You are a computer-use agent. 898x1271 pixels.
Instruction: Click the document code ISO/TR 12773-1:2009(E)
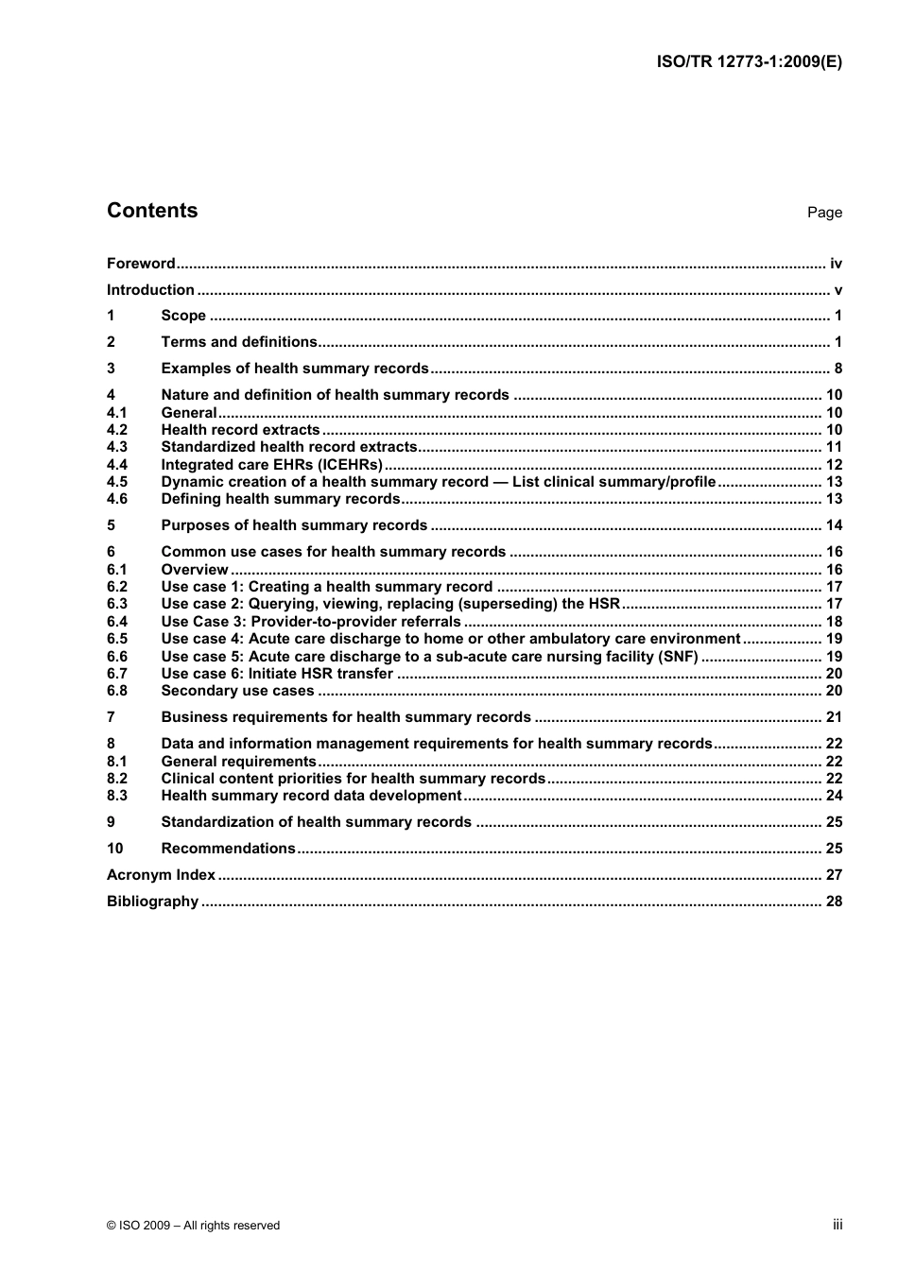pos(749,62)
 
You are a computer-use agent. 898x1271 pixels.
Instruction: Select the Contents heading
pos(152,211)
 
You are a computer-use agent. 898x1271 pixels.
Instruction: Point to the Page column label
pos(824,213)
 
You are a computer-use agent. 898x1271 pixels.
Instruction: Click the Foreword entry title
pos(141,264)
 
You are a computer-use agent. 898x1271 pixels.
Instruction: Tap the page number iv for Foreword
pos(836,264)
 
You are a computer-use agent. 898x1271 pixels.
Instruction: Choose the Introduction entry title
pos(150,290)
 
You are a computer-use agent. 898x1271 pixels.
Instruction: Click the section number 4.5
pos(117,482)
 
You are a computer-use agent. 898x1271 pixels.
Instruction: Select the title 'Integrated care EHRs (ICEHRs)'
pos(271,465)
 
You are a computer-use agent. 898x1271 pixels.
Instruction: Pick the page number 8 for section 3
pos(838,369)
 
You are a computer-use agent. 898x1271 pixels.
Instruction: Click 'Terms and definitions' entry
pos(239,342)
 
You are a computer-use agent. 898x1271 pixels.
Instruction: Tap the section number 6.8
pos(117,691)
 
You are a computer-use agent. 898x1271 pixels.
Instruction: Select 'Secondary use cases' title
pos(237,691)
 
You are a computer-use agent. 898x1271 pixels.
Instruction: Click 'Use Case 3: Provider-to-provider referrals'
pos(311,622)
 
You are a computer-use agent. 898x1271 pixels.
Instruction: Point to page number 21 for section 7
pos(834,717)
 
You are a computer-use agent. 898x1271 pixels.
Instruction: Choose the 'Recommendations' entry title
pos(228,849)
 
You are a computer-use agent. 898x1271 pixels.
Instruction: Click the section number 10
pos(115,849)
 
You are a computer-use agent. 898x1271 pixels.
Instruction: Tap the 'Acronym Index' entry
pos(161,875)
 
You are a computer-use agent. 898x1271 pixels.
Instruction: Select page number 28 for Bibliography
pos(834,902)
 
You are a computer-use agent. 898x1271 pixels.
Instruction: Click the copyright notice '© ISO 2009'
pos(193,1226)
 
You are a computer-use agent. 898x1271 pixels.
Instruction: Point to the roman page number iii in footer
pos(838,1225)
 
